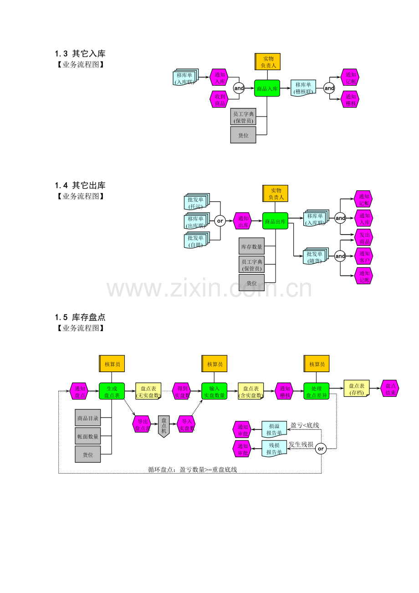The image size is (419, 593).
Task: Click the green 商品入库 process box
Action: [x=267, y=88]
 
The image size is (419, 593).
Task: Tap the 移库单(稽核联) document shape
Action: [x=303, y=88]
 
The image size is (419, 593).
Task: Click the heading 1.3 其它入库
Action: [x=80, y=54]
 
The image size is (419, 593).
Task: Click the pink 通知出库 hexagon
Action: [x=243, y=221]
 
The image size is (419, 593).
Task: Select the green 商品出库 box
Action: [x=275, y=221]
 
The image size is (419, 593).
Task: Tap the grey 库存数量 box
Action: [x=251, y=246]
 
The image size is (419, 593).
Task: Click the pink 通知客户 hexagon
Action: [x=364, y=256]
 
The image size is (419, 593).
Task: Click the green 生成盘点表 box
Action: [x=112, y=392]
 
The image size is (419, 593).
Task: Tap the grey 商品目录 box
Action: [x=88, y=418]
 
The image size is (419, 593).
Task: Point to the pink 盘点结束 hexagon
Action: [x=390, y=389]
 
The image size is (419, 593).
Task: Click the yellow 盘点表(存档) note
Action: [x=356, y=389]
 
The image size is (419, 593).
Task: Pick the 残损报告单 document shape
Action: [x=274, y=448]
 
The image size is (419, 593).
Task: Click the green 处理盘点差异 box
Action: [x=317, y=392]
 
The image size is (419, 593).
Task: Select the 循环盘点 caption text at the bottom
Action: [x=192, y=470]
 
